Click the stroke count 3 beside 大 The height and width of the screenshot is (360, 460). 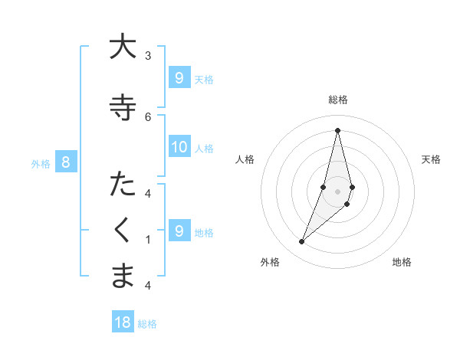coord(147,55)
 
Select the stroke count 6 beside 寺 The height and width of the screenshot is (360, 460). coord(147,116)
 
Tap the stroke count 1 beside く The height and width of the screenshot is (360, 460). coord(147,239)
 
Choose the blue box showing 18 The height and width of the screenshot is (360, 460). coord(123,322)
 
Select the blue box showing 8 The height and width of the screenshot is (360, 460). coord(66,162)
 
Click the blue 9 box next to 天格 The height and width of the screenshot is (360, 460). coord(179,77)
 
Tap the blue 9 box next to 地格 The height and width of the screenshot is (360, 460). coord(179,231)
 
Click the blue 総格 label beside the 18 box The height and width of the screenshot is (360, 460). coord(147,324)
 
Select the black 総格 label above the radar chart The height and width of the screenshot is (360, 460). coord(338,100)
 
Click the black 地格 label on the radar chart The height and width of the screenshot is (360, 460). coord(402,262)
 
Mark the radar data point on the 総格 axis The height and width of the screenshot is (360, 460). coord(337,130)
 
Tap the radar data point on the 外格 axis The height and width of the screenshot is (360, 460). coord(301,242)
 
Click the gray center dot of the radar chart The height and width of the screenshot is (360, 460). coord(337,191)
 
